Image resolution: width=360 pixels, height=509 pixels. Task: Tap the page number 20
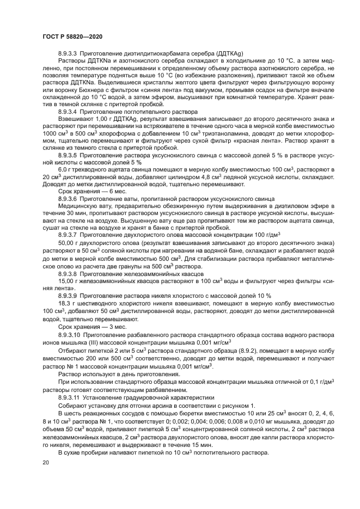(x=45, y=462)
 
